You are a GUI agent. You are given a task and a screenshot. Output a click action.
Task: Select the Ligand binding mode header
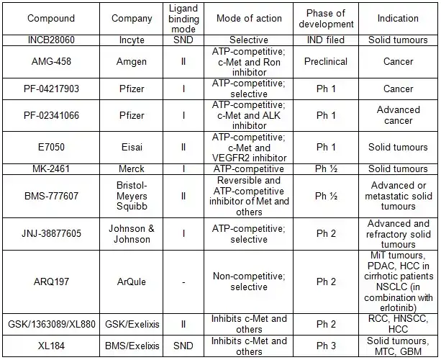183,18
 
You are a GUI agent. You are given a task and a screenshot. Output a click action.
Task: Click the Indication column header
398,18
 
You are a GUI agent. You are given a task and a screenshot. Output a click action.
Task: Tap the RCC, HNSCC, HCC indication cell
398,324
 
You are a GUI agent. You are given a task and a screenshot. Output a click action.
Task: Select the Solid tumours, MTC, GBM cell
398,346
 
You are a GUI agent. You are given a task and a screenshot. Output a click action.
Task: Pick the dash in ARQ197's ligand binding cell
183,282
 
